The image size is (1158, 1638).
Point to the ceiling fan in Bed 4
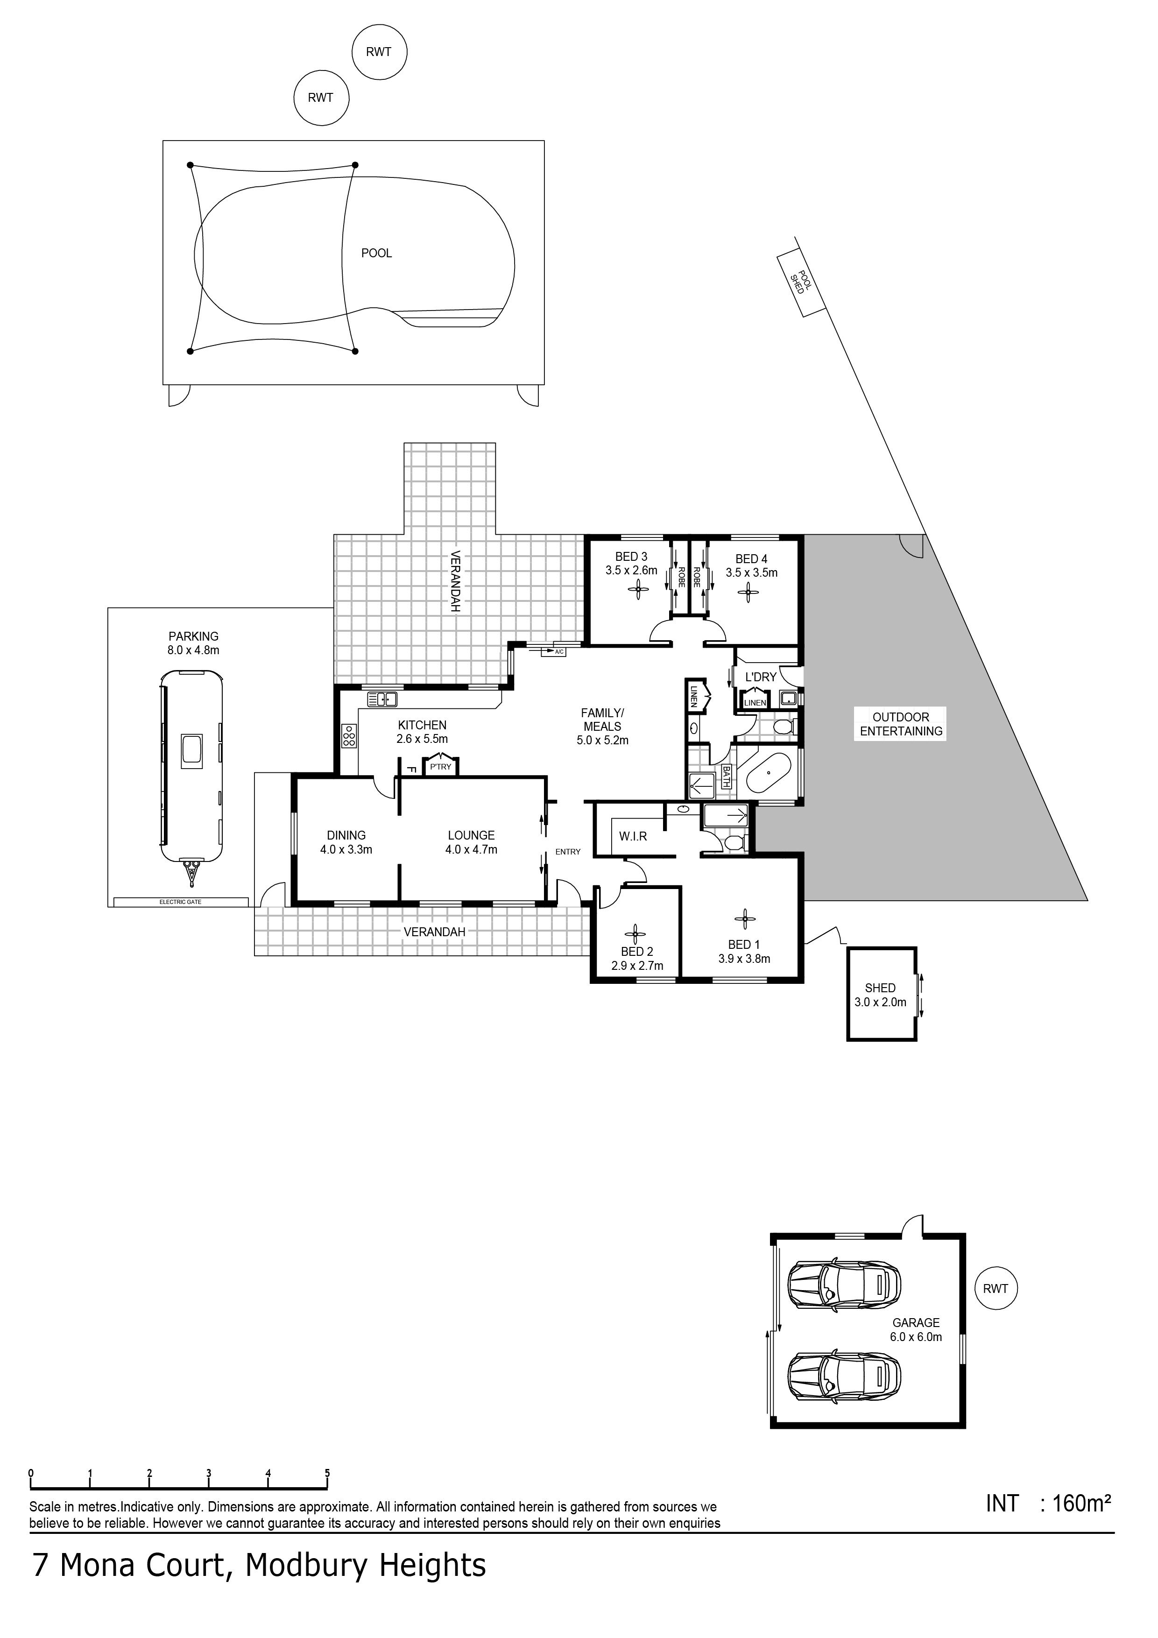748,592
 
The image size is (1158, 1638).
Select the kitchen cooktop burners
349,735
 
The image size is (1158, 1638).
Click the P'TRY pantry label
440,767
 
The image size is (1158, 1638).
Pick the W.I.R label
633,836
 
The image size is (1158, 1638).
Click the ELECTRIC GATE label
181,902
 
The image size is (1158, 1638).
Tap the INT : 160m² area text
1048,1504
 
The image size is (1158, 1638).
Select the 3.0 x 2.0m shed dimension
881,1003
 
